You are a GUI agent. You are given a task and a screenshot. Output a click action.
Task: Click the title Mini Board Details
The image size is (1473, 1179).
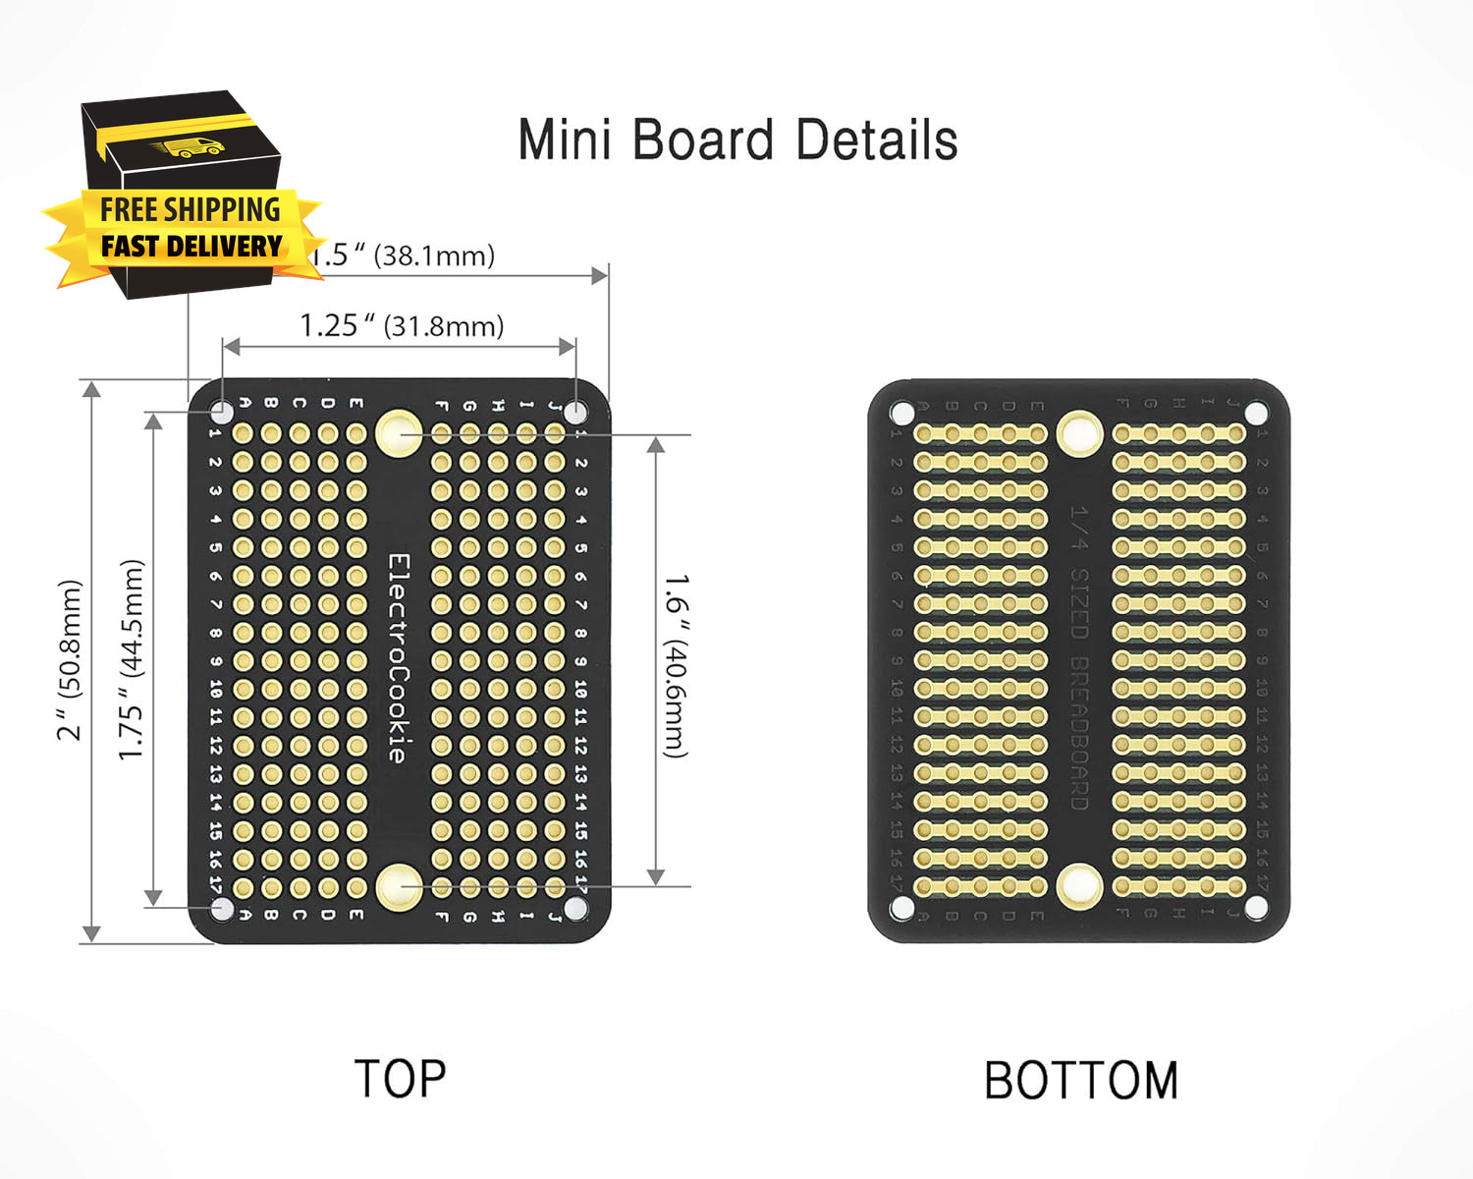click(x=737, y=140)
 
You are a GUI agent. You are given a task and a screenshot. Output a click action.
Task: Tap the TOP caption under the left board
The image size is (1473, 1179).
click(x=400, y=1079)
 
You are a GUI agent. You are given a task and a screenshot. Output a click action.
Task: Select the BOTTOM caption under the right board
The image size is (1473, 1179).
click(x=1081, y=1081)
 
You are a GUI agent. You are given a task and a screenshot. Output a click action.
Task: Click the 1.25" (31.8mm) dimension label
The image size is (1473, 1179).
click(x=402, y=325)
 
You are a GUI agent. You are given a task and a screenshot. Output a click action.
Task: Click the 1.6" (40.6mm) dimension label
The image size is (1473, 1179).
click(x=676, y=666)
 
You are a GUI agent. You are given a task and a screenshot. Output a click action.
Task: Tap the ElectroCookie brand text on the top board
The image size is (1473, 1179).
click(x=398, y=657)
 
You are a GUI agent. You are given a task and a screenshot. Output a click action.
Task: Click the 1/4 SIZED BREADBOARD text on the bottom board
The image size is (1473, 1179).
click(x=1079, y=657)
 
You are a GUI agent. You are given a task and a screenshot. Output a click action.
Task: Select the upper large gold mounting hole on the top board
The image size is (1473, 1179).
click(x=398, y=433)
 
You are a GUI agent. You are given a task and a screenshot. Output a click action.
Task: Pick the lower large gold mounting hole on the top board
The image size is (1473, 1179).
click(x=399, y=886)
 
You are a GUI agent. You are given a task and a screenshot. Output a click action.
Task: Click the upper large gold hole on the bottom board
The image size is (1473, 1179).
click(x=1079, y=432)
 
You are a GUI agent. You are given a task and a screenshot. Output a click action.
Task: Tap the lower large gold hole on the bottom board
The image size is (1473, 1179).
click(x=1079, y=886)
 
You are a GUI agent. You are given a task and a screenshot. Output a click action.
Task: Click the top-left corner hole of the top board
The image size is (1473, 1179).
click(x=223, y=411)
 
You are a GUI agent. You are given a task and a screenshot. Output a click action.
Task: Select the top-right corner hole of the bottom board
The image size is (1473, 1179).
click(x=1255, y=411)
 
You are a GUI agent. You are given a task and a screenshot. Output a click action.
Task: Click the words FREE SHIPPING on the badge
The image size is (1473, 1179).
click(x=191, y=209)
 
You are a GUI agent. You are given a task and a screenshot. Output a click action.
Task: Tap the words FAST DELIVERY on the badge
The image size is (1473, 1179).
click(x=191, y=246)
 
